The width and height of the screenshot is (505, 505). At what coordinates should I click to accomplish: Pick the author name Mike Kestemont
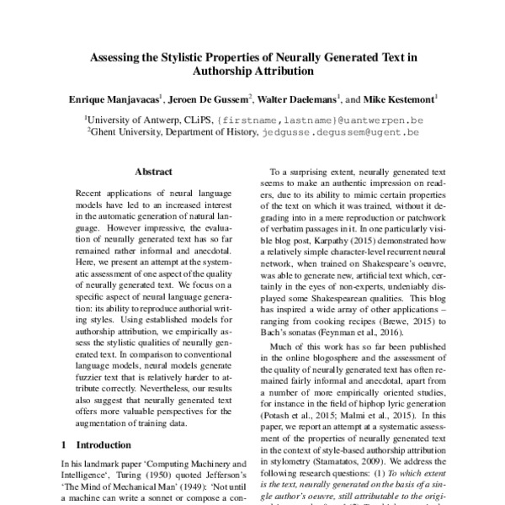point(403,99)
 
